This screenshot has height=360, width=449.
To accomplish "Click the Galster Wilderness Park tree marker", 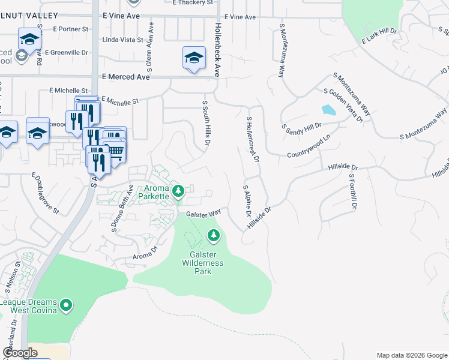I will pos(213,236).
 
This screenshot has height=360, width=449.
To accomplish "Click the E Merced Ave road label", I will pos(125,77).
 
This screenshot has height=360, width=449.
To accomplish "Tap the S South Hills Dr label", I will pos(206,124).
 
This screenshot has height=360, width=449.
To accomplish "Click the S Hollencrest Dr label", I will pos(252,140).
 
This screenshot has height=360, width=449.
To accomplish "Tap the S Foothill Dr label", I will pos(354,191).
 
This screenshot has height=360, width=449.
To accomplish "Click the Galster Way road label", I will pos(203,213).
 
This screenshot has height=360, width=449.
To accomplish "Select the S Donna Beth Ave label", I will pos(121,209).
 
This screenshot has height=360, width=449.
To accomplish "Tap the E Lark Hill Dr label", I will pos(379,35).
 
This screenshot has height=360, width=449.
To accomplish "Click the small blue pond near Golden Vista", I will pos(328,110).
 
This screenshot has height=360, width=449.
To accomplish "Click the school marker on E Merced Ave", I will pos(193,59).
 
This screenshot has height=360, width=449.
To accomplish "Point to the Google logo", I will pos(20,353).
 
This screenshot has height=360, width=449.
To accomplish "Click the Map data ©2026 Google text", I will pos(411,355).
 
